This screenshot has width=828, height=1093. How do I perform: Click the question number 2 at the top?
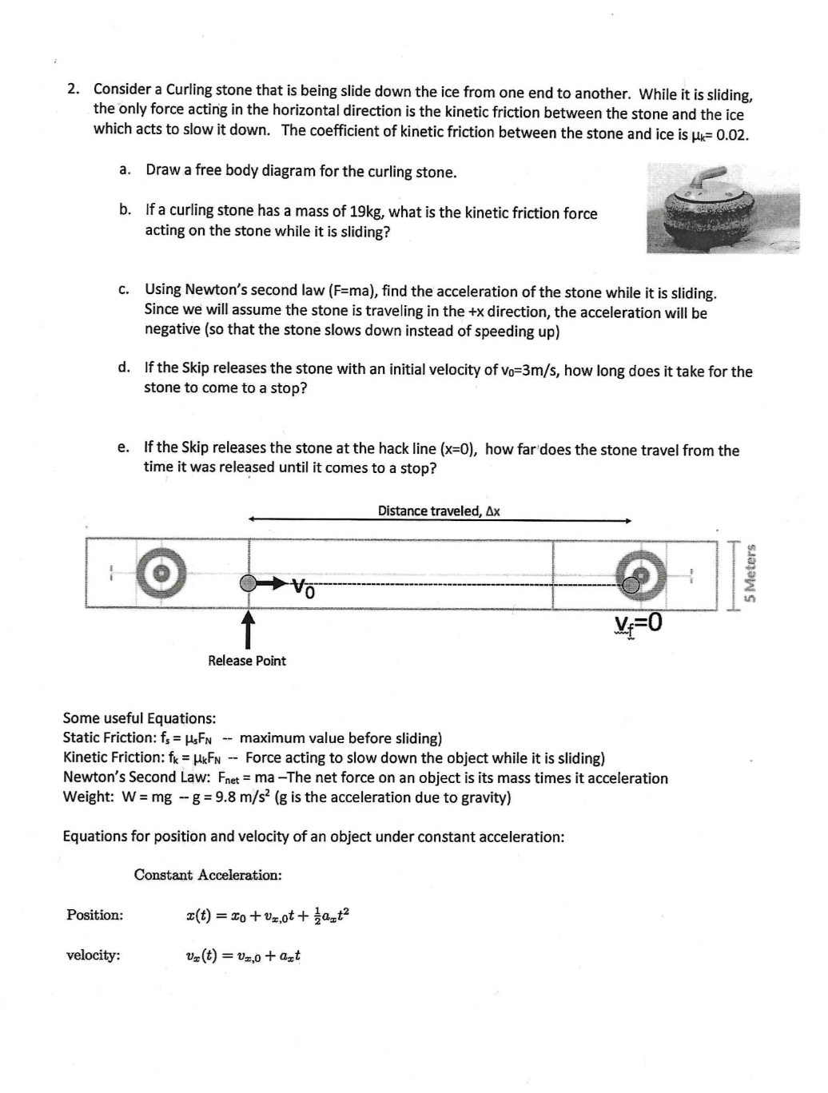tap(73, 89)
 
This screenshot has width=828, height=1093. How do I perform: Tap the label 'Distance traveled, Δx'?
tap(439, 511)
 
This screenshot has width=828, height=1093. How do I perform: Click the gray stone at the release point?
tap(249, 583)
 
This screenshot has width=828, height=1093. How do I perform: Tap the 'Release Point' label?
tap(246, 661)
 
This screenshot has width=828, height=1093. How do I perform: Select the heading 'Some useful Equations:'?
tap(139, 718)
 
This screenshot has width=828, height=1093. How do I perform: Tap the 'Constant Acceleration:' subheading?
tap(208, 875)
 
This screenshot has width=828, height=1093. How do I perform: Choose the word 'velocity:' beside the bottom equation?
tap(94, 955)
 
